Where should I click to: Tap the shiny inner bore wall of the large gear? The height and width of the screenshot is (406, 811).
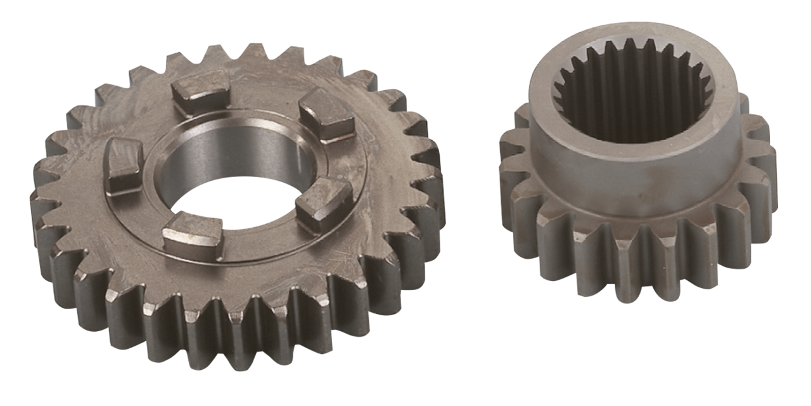(x=253, y=152)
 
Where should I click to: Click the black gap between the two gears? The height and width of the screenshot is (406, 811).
(x=472, y=190)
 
